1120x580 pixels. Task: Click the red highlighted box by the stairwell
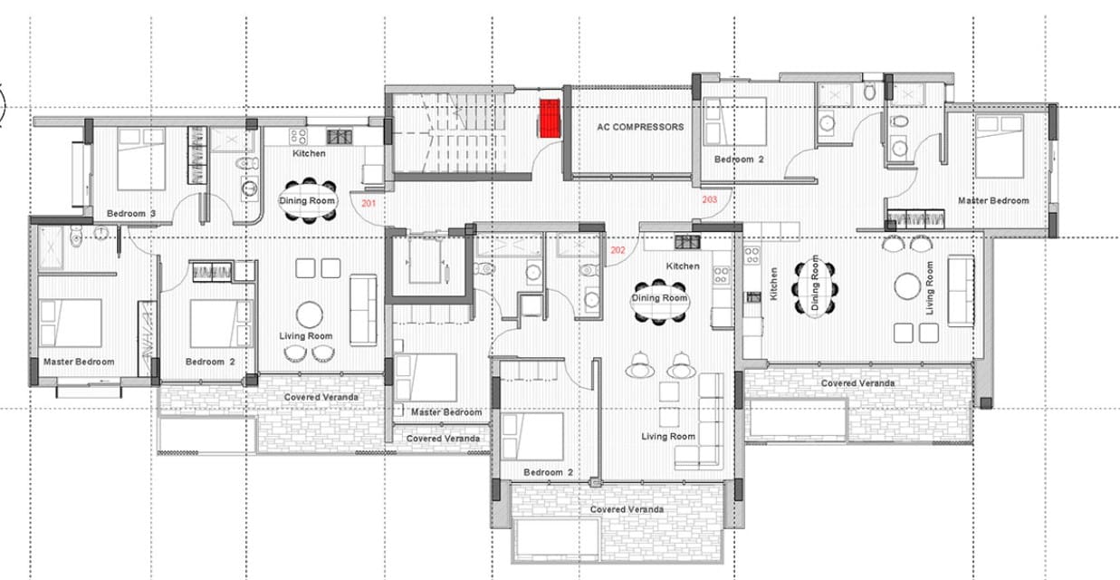coord(550,118)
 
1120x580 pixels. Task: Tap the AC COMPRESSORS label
coord(640,127)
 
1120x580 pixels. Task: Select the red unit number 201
coord(369,203)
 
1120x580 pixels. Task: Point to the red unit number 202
coord(617,250)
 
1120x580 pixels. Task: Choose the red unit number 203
coord(710,199)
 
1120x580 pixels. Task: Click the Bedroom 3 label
coord(131,214)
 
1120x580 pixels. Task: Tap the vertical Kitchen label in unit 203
coord(773,284)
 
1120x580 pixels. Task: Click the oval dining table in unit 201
coord(307,200)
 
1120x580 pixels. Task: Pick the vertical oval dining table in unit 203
coord(815,288)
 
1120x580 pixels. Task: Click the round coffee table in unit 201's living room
coord(310,314)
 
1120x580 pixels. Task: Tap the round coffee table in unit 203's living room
coord(907,286)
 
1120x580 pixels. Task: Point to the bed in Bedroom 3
coord(141,159)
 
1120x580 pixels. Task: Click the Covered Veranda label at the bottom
coord(627,509)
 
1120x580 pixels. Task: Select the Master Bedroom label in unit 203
coord(993,200)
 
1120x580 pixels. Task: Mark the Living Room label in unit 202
coord(668,437)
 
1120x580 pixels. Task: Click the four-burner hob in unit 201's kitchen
coord(299,137)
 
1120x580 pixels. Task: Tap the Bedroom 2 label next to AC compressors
coord(739,159)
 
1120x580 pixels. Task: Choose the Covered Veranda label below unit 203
coord(858,383)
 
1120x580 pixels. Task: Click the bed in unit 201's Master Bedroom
coord(71,324)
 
